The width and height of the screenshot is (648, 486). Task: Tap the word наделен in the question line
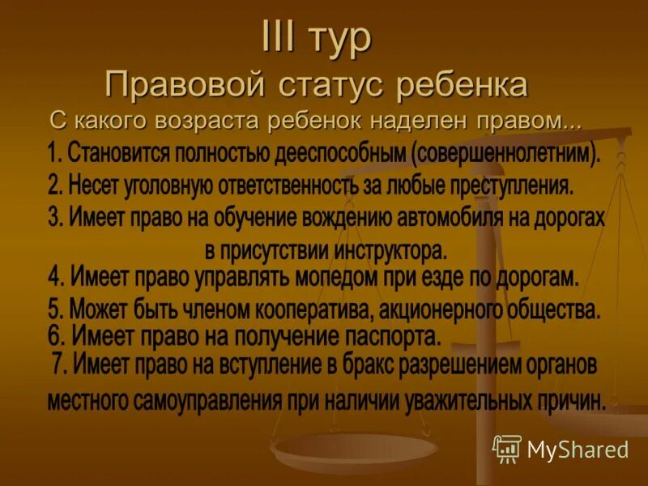click(x=416, y=122)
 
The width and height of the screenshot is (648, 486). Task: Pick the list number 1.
click(x=53, y=153)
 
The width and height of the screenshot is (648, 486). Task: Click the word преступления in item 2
click(x=509, y=185)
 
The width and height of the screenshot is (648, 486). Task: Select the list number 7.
click(x=58, y=366)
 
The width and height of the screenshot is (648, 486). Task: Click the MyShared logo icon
click(x=507, y=448)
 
